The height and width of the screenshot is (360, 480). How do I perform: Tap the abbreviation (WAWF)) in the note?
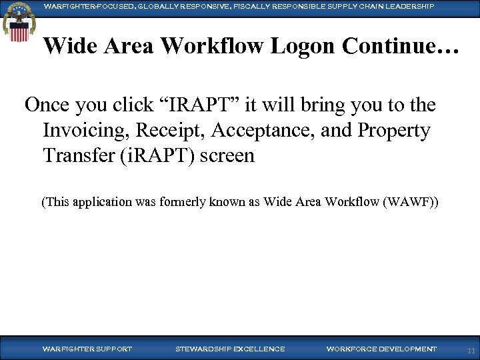[x=411, y=202]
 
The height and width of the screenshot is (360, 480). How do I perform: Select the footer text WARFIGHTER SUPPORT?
[x=87, y=349]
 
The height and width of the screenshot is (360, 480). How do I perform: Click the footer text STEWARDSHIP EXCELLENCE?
[x=230, y=349]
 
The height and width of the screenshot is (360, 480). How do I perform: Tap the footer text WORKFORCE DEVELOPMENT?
[x=381, y=349]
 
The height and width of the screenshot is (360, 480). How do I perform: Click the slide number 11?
[x=471, y=350]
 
